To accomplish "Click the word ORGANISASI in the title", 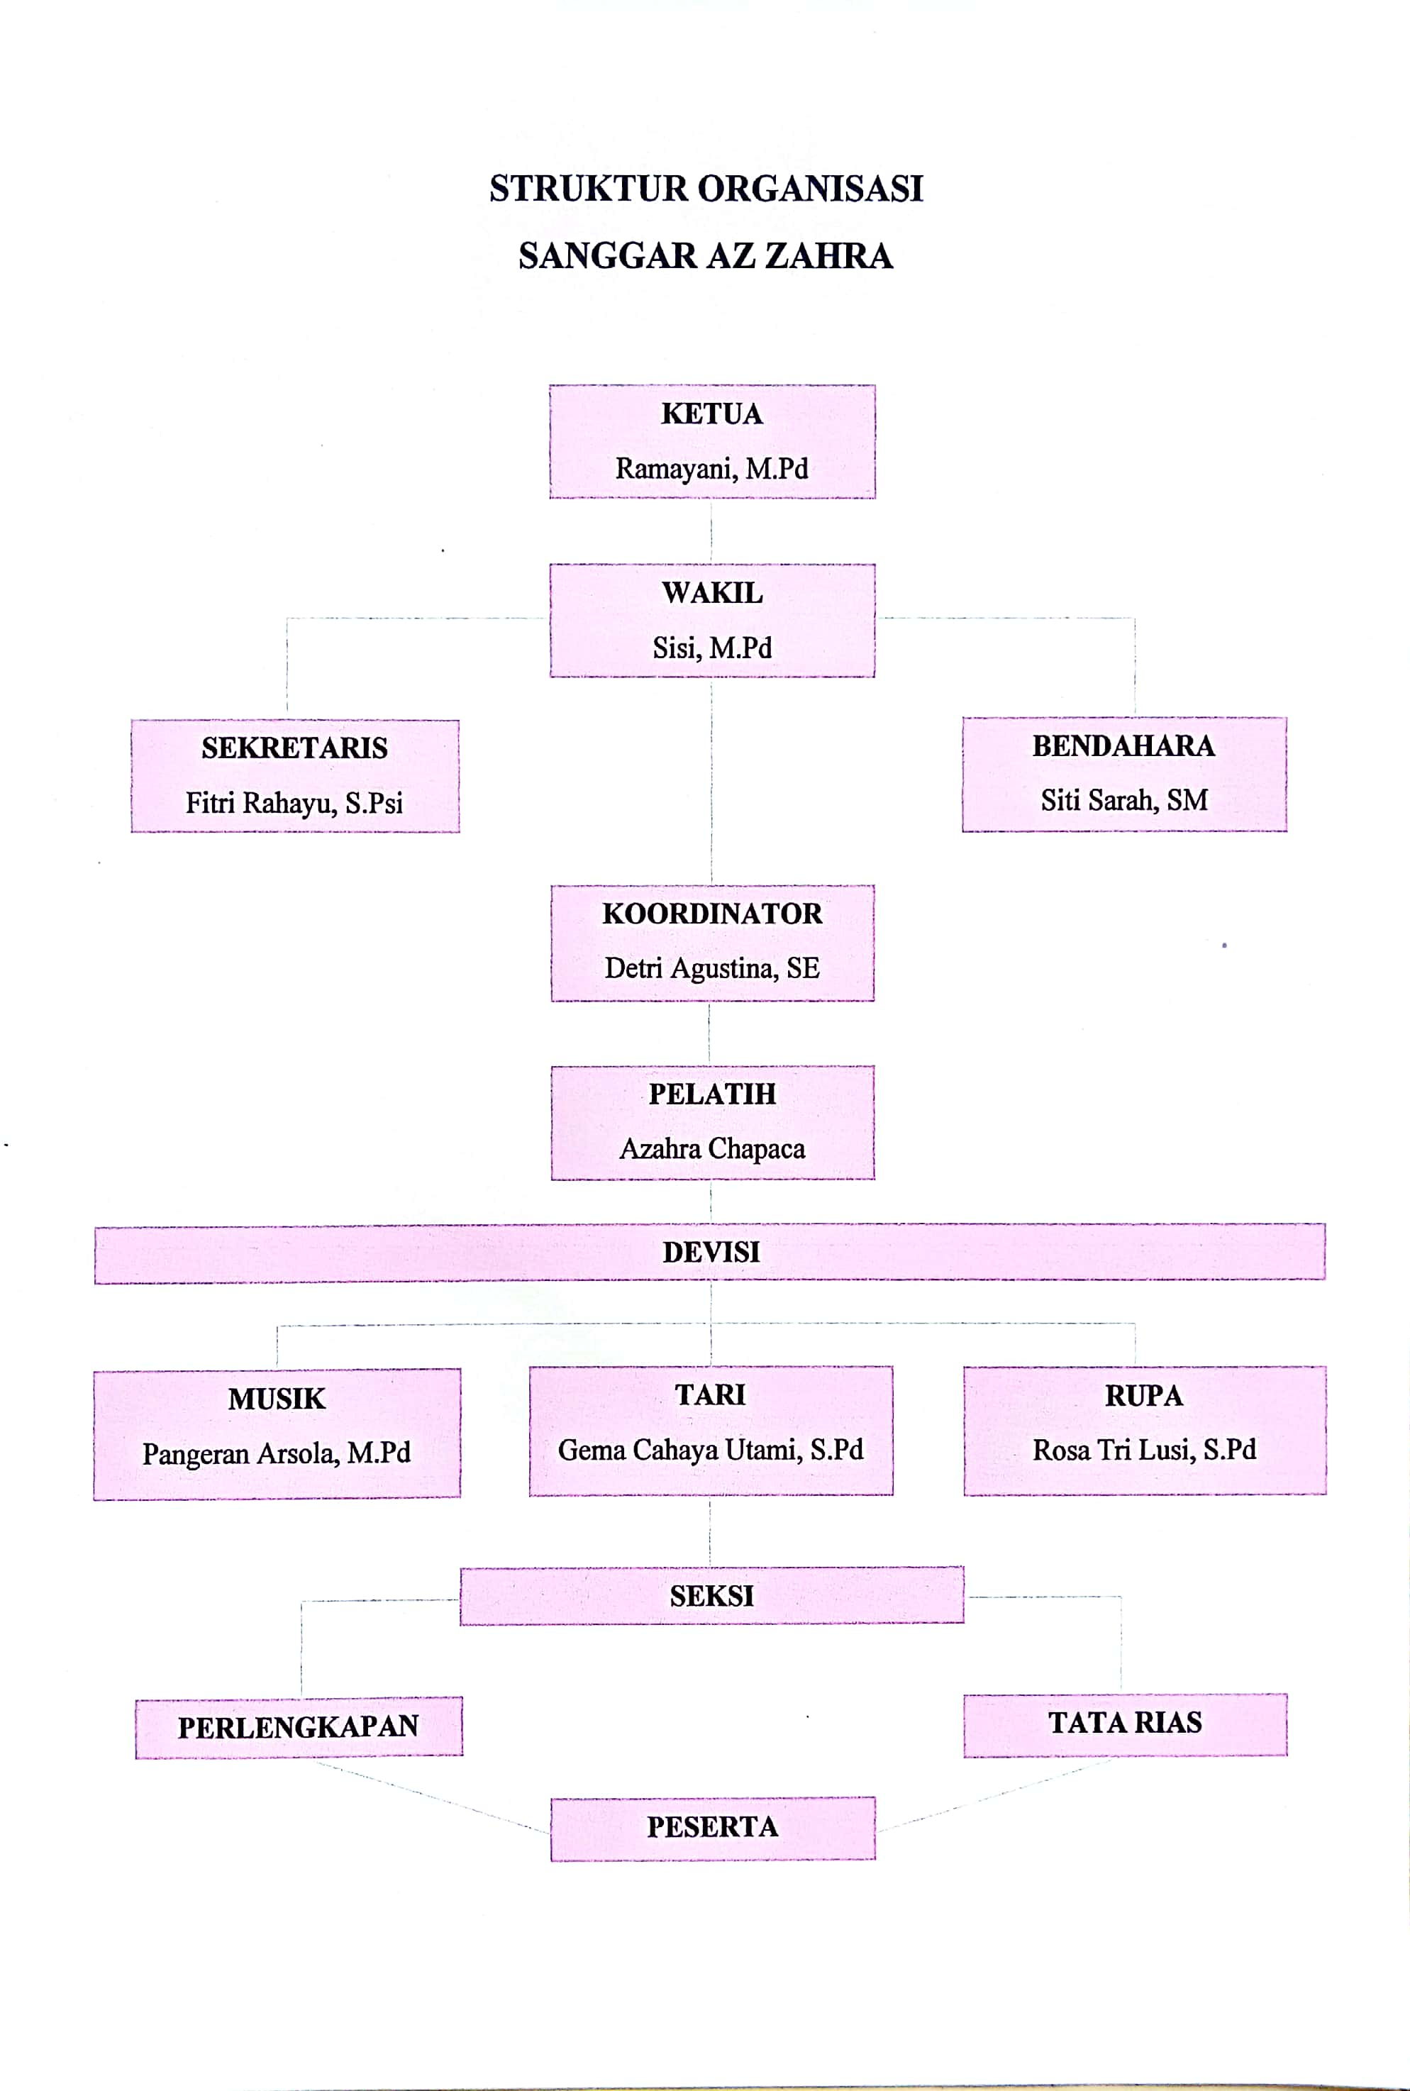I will coord(809,189).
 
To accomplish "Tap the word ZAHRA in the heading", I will coord(828,256).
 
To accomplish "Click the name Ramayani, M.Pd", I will coord(711,469).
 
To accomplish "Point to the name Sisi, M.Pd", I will coord(711,648).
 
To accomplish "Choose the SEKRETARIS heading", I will coord(294,748).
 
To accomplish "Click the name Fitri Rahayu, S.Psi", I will coord(294,802).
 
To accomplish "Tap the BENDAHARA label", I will coord(1123,745).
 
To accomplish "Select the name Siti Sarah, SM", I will coord(1123,799).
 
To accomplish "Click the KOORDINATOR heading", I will coord(711,914).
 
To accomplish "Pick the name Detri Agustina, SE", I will coord(711,969).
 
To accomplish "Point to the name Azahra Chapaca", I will coord(711,1148).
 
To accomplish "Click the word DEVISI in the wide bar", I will coord(711,1252).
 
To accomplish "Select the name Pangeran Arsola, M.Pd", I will coord(276,1453).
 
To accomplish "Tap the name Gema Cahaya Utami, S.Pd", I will coord(711,1450).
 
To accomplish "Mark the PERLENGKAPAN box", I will coord(299,1726).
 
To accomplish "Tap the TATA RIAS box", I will coord(1124,1723).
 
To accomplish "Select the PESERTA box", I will coord(712,1827).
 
